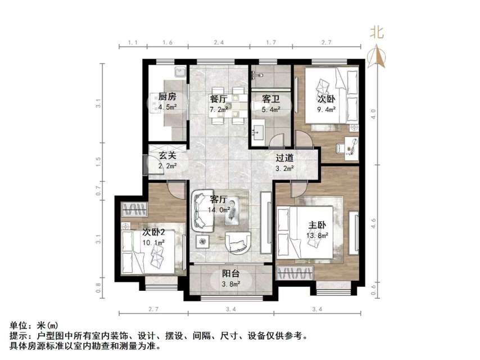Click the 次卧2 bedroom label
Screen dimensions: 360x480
(x=153, y=232)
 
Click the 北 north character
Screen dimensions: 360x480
(x=377, y=33)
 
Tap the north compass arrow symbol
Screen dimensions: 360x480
(x=377, y=56)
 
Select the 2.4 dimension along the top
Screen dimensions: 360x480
(x=219, y=43)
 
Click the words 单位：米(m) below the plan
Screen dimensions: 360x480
(x=34, y=326)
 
